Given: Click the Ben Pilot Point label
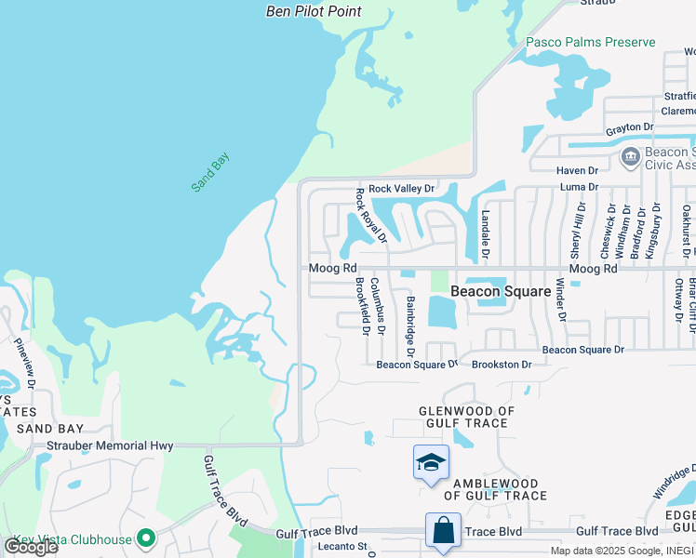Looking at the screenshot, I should [313, 11].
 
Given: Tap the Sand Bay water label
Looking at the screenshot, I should [209, 172].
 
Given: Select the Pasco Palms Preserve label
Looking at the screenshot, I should [590, 42].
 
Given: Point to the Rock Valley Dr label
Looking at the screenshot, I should [401, 188].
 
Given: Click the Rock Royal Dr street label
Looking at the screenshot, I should [364, 221].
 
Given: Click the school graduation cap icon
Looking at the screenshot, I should [431, 462].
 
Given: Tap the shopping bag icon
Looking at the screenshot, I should [443, 531].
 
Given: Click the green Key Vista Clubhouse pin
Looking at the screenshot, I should [146, 538].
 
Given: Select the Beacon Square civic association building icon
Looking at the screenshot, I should [629, 157].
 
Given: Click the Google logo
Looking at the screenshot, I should [30, 546].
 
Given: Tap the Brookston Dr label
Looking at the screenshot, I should [502, 365].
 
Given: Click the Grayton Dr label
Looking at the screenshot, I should [630, 126].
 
